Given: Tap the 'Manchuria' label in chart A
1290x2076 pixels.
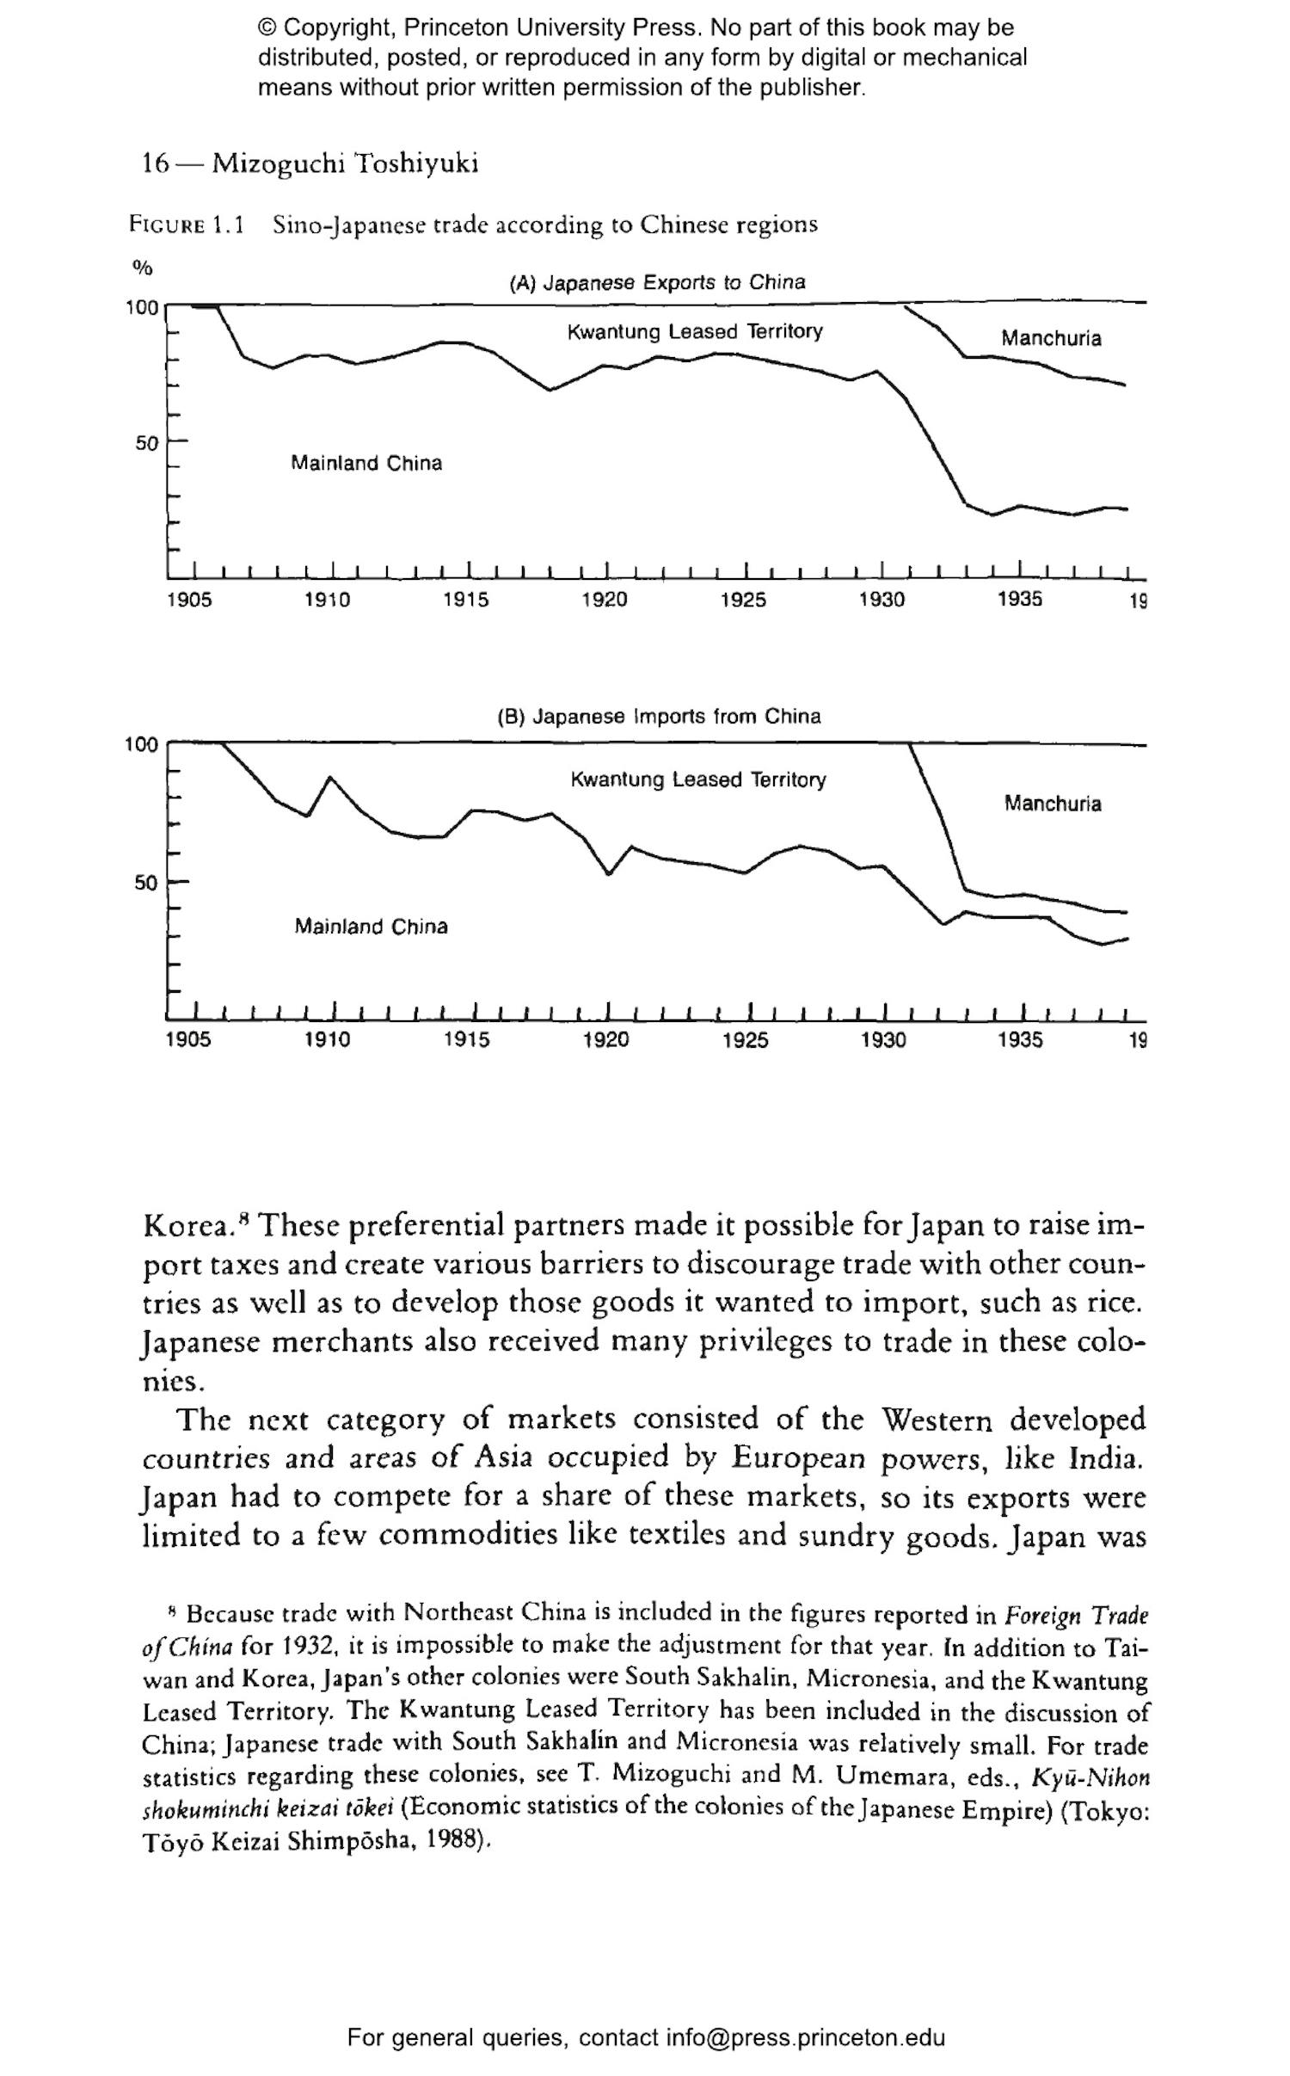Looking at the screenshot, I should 1050,338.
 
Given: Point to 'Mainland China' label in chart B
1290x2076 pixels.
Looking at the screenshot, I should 371,927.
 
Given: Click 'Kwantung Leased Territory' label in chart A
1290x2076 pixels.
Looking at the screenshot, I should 694,331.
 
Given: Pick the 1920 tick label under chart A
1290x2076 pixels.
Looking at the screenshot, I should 604,600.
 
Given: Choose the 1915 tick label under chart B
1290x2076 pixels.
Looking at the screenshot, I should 466,1040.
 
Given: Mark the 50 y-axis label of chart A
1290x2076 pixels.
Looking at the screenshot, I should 147,444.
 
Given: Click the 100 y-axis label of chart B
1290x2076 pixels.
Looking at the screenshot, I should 142,744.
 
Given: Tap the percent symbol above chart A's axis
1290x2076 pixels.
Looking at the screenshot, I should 142,268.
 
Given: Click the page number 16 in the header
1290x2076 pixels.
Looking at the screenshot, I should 156,163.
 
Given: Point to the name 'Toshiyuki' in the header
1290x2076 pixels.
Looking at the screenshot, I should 416,163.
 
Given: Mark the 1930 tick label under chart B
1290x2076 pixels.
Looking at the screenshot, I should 883,1040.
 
